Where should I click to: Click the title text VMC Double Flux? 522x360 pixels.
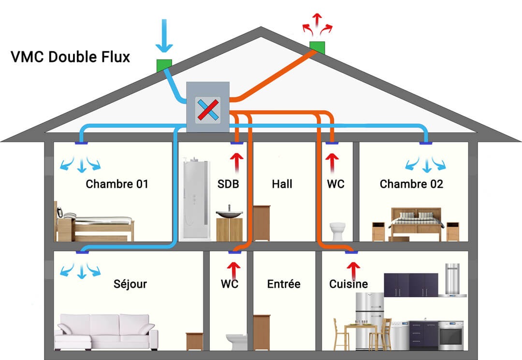71,57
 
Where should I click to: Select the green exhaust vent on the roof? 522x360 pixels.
317,47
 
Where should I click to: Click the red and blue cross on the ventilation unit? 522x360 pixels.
206,109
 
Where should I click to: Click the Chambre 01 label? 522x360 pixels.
116,184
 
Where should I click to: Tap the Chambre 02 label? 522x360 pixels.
411,184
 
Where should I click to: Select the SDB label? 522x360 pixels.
228,184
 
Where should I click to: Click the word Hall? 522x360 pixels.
282,184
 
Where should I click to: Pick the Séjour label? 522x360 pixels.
130,284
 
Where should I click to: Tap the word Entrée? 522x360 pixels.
284,284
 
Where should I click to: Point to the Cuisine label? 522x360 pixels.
348,284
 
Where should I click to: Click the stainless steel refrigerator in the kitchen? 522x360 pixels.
369,319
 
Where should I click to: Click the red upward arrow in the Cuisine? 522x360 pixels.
353,267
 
